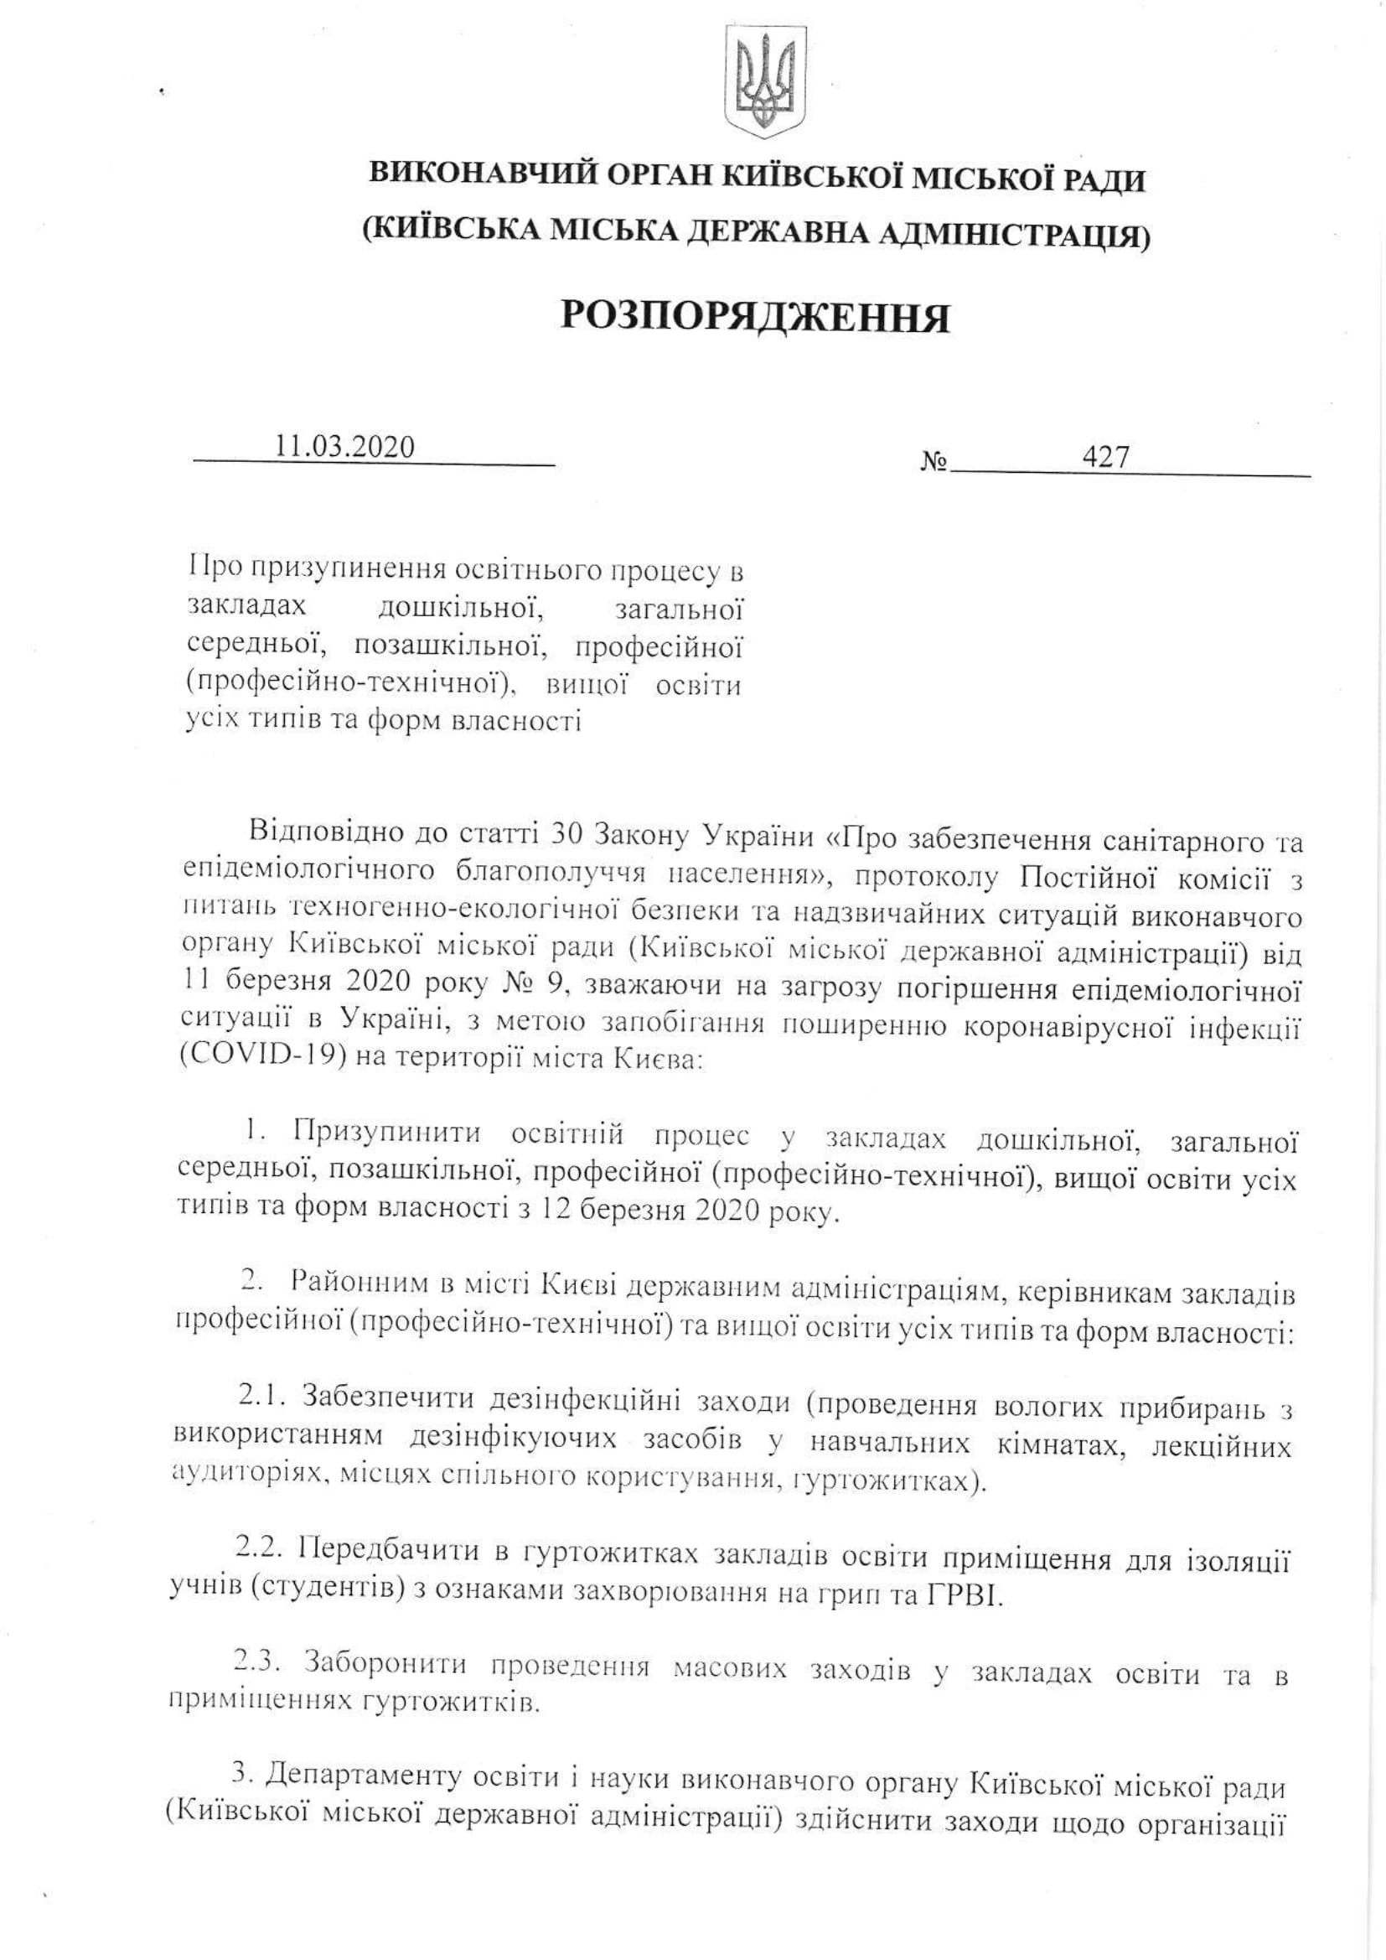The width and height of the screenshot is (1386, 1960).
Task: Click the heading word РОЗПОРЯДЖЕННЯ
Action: tap(755, 318)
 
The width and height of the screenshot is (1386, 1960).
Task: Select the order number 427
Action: tap(1105, 459)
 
